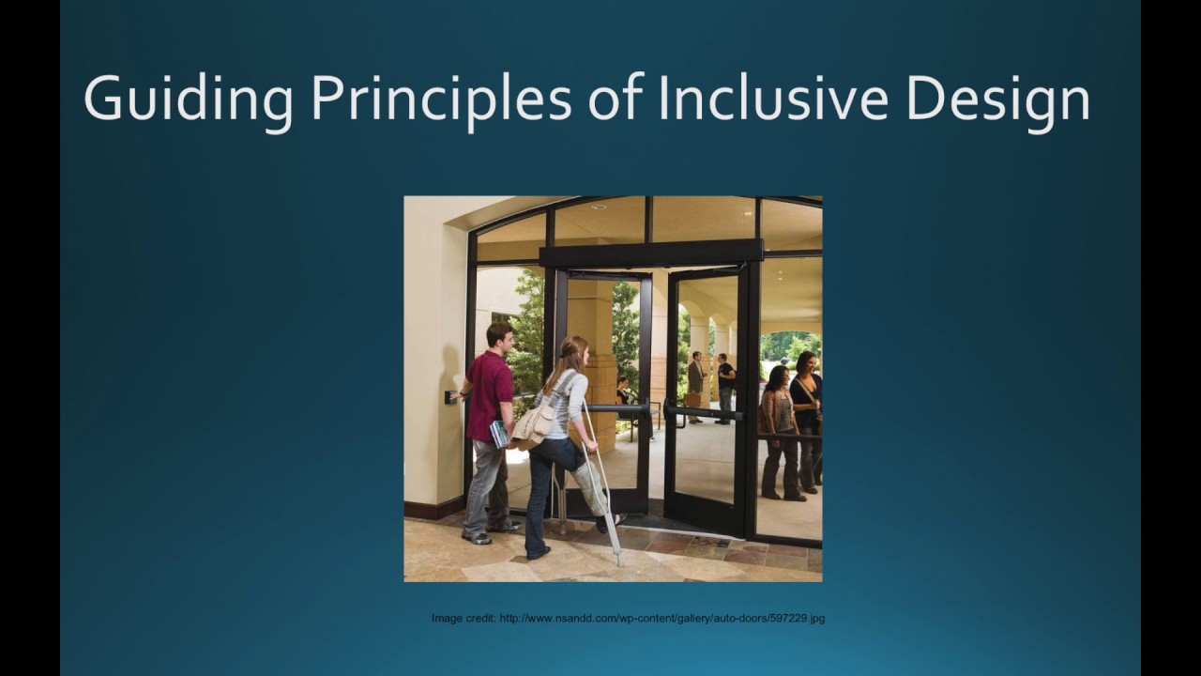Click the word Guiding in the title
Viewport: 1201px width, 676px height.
[x=188, y=98]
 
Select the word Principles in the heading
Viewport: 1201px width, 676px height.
[x=440, y=98]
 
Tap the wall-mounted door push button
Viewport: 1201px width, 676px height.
[x=450, y=396]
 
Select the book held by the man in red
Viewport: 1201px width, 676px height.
[x=500, y=433]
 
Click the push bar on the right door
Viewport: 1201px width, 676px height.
[x=703, y=412]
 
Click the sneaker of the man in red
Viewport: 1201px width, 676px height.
[x=478, y=537]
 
